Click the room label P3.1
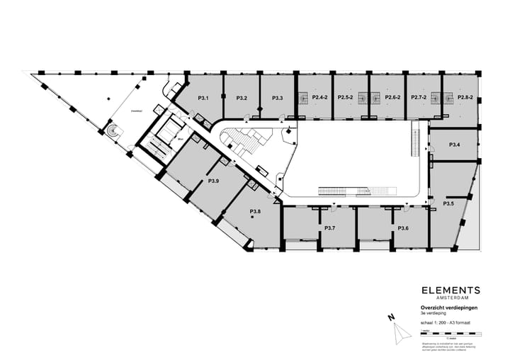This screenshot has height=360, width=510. (x=202, y=98)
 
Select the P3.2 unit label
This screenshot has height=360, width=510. (x=241, y=98)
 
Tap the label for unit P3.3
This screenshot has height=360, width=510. (x=277, y=98)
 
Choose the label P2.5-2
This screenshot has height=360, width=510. (x=345, y=97)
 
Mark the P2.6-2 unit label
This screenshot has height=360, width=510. (x=392, y=97)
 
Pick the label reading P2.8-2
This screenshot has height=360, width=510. (x=465, y=97)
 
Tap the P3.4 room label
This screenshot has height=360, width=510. (x=455, y=145)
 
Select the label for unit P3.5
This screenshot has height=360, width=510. (x=448, y=204)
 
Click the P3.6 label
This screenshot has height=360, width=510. (x=402, y=228)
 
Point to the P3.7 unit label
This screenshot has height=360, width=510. (x=329, y=228)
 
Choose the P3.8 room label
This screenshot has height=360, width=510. (x=255, y=211)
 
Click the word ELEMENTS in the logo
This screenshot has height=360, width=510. (x=450, y=290)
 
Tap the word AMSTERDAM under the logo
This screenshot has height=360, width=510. (x=450, y=298)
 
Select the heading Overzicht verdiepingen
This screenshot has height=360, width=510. (x=448, y=307)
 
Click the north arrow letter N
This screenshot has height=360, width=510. (x=390, y=318)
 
